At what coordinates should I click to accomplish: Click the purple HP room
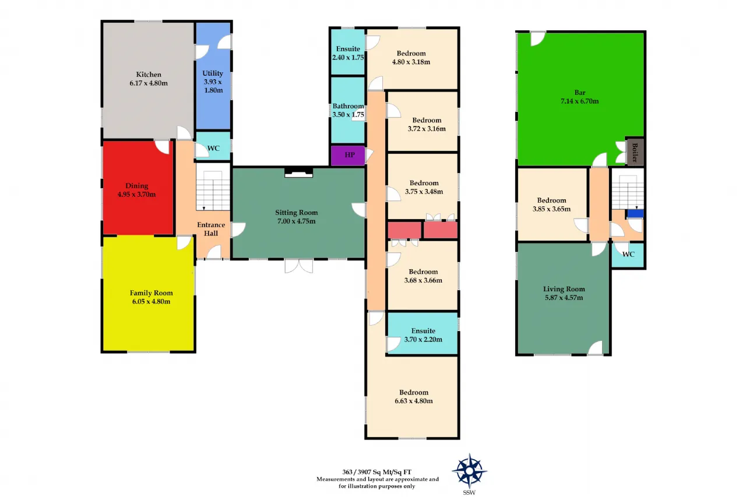(x=348, y=155)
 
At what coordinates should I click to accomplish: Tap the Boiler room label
(x=635, y=152)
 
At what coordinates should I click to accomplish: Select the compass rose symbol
(x=469, y=471)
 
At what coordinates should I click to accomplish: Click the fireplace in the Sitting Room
(x=299, y=173)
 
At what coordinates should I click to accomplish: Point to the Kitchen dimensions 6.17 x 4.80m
(x=149, y=83)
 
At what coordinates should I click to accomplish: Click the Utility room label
(x=213, y=73)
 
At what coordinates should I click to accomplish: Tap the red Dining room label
(x=136, y=186)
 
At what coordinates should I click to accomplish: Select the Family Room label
(x=151, y=293)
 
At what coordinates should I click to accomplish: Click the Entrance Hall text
(x=211, y=229)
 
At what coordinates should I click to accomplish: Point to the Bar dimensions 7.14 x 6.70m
(x=579, y=101)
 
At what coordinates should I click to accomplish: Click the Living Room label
(x=564, y=289)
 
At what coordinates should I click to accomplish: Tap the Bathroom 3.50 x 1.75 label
(x=348, y=110)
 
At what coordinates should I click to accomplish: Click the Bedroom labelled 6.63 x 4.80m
(x=414, y=396)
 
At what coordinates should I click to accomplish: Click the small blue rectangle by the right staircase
(x=635, y=213)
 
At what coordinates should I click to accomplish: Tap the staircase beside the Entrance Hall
(x=213, y=191)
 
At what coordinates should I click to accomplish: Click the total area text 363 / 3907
(x=376, y=472)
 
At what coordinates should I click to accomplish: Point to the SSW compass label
(x=469, y=492)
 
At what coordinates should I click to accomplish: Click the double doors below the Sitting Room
(x=299, y=266)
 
